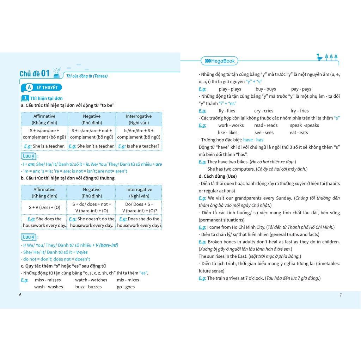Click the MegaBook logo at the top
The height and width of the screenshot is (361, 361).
click(x=219, y=61)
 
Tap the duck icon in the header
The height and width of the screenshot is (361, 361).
click(x=319, y=57)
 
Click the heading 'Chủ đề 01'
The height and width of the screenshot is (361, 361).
click(x=35, y=74)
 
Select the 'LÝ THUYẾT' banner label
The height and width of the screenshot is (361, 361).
click(x=47, y=87)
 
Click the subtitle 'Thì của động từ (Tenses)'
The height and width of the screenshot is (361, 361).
click(x=87, y=76)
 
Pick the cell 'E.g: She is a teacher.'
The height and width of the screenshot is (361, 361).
click(x=44, y=146)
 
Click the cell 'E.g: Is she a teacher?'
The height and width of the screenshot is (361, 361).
click(x=139, y=146)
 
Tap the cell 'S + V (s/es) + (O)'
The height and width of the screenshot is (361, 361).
click(x=44, y=207)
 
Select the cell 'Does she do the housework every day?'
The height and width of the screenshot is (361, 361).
click(x=139, y=222)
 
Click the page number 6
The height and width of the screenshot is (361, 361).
click(x=20, y=295)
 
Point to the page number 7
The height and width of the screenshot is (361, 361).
click(x=341, y=295)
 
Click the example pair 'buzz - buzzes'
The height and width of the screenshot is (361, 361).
click(x=88, y=287)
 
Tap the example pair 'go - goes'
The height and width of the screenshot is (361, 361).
click(x=126, y=287)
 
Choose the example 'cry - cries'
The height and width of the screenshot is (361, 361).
click(x=263, y=111)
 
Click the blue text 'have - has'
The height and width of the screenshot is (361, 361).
click(x=253, y=140)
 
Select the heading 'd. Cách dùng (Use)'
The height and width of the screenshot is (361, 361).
click(x=218, y=176)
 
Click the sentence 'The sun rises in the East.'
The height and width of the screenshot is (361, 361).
click(x=223, y=256)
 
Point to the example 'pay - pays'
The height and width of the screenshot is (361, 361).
click(x=301, y=89)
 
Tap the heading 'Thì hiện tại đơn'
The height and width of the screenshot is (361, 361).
click(x=46, y=98)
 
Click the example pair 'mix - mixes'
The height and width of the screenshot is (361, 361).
click(x=128, y=280)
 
